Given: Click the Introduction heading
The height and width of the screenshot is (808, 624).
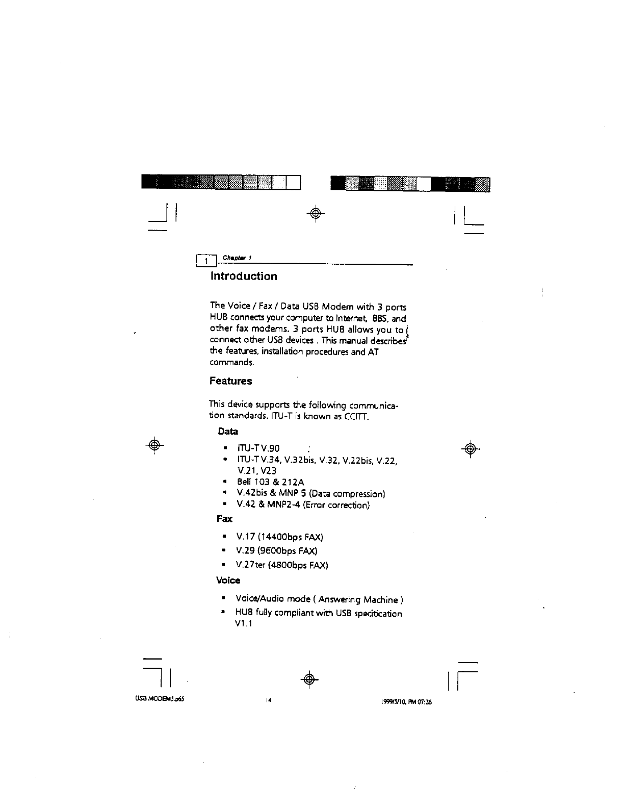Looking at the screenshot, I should tap(244, 276).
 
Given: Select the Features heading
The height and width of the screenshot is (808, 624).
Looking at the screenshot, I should tap(230, 381).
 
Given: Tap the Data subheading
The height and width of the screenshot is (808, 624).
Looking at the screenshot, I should tap(227, 432).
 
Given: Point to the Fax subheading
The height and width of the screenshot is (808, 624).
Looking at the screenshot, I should tap(224, 519).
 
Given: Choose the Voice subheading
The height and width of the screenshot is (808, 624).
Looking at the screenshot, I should tap(228, 580).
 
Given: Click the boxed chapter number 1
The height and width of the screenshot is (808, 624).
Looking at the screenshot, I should tap(206, 261).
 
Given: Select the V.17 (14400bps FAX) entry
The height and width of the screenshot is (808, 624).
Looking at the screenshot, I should tap(279, 537).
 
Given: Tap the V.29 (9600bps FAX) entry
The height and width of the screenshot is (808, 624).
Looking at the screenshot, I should tap(276, 551).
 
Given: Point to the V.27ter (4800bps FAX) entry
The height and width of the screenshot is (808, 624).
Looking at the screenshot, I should tap(281, 565).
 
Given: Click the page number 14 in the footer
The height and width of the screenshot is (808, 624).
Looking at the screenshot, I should tap(267, 701).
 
